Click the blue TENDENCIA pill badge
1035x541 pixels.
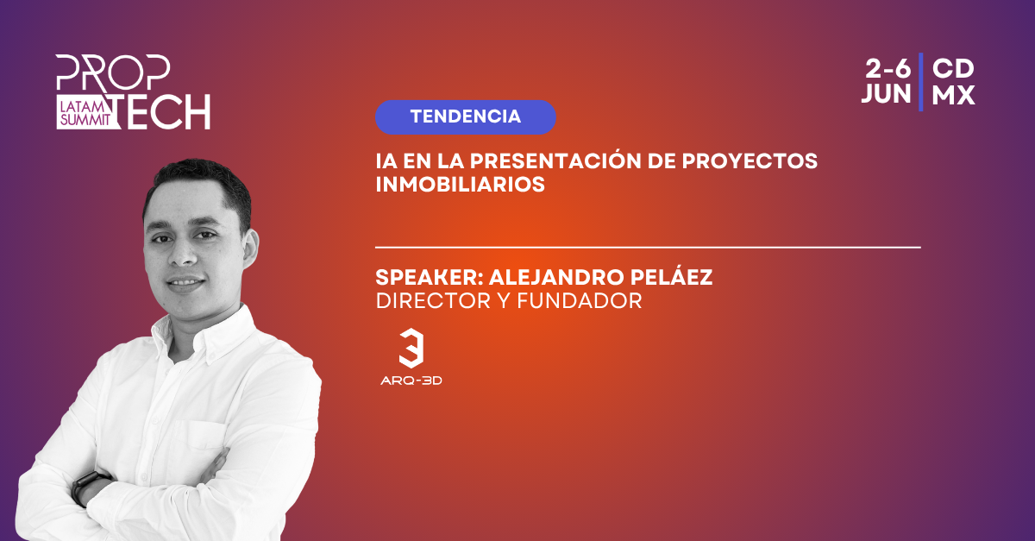465,117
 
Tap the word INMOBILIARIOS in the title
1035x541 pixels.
461,184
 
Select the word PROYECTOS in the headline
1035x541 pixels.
750,160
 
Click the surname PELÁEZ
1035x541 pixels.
671,276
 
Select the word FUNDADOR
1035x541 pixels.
580,300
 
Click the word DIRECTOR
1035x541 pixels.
433,300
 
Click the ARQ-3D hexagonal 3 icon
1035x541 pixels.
411,348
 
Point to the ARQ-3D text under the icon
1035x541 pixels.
411,381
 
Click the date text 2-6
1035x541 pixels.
888,69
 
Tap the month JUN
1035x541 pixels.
887,94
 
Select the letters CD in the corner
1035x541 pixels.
953,69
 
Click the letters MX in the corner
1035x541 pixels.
953,94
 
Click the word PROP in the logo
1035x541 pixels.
113,72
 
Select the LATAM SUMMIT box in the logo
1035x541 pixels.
85,113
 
